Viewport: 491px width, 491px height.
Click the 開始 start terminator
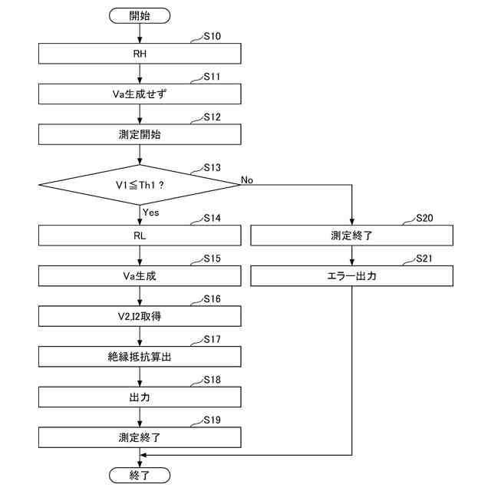coord(140,15)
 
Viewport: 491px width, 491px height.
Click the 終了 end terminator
coord(140,475)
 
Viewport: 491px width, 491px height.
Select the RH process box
coord(140,54)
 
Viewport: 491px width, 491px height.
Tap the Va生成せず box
coord(140,94)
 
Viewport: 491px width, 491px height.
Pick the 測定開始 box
coord(140,133)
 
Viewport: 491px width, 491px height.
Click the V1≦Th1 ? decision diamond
coord(140,184)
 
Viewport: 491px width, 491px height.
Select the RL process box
coord(140,236)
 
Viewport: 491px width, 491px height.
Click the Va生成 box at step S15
coord(140,275)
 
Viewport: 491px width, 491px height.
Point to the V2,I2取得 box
coord(140,316)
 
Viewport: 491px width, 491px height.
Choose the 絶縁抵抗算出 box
coord(140,357)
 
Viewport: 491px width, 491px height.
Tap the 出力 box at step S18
coord(140,397)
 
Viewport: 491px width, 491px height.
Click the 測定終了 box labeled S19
coord(140,437)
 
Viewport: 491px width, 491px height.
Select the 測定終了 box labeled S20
coord(352,236)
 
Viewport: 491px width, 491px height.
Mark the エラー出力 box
coord(352,275)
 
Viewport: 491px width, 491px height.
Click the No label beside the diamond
coord(247,179)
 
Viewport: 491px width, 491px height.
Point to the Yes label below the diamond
coord(150,211)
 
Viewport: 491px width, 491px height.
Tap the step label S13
coord(212,167)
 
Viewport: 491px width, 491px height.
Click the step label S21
coord(424,259)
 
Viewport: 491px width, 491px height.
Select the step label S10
coord(212,37)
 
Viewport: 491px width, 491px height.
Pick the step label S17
coord(212,339)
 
